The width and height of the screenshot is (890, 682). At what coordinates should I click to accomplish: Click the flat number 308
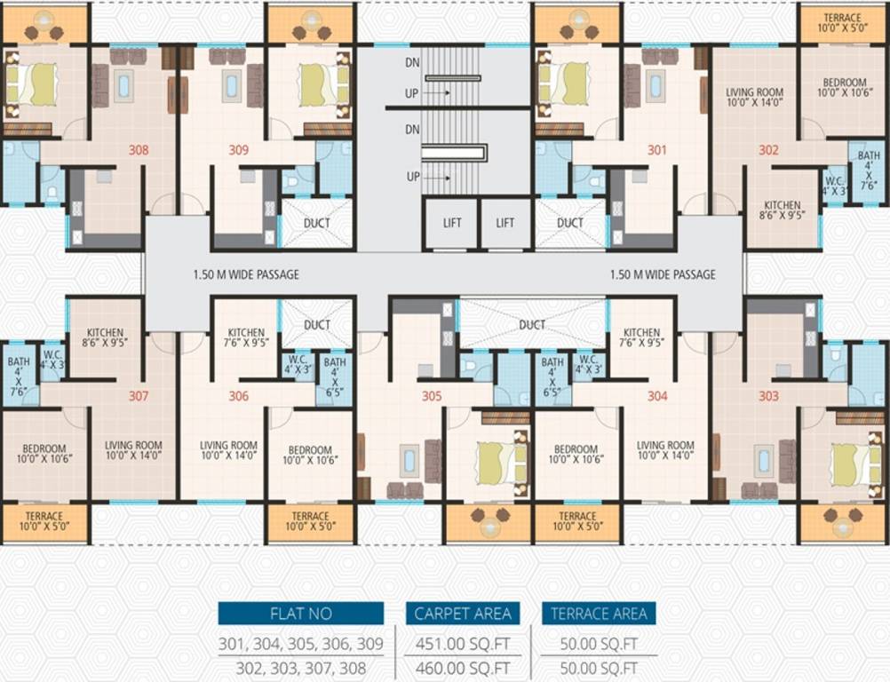pyautogui.click(x=139, y=150)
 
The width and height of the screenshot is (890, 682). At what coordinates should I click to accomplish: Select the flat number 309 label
pyautogui.click(x=238, y=150)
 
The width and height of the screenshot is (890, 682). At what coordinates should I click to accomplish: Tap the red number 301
pyautogui.click(x=656, y=150)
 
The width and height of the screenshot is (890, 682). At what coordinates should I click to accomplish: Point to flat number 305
pyautogui.click(x=431, y=396)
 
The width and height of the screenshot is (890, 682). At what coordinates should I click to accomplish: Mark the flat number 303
pyautogui.click(x=768, y=396)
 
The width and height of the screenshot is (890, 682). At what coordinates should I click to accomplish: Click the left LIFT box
pyautogui.click(x=452, y=223)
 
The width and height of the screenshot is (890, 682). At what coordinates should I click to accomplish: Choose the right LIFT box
pyautogui.click(x=505, y=223)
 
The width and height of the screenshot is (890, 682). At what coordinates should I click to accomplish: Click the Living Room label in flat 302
pyautogui.click(x=754, y=97)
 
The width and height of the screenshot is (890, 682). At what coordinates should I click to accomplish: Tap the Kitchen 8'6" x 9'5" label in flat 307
pyautogui.click(x=105, y=332)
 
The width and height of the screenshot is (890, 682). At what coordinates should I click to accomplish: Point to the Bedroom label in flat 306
pyautogui.click(x=310, y=455)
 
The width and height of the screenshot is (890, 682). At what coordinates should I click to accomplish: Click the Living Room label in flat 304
pyautogui.click(x=665, y=450)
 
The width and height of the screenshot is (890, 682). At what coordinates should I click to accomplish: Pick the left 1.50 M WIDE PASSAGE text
pyautogui.click(x=246, y=274)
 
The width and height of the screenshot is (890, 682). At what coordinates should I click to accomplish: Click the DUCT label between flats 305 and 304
pyautogui.click(x=532, y=325)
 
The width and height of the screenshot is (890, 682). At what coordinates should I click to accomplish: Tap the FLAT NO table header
pyautogui.click(x=301, y=614)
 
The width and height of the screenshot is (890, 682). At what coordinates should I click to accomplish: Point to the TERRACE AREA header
pyautogui.click(x=599, y=614)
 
